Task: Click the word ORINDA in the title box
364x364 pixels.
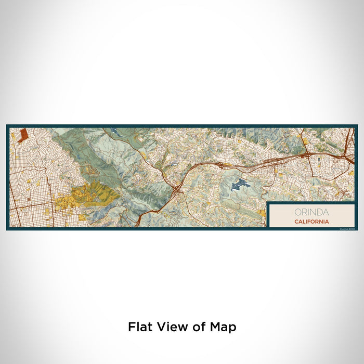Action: [311, 212]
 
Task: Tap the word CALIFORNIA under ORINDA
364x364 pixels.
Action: [311, 222]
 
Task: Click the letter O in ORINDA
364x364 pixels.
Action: [297, 212]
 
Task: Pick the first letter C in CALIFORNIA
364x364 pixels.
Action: [295, 222]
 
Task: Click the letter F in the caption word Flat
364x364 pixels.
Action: [132, 327]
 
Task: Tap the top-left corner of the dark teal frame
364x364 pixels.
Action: [7, 126]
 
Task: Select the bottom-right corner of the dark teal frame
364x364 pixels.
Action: [357, 229]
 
